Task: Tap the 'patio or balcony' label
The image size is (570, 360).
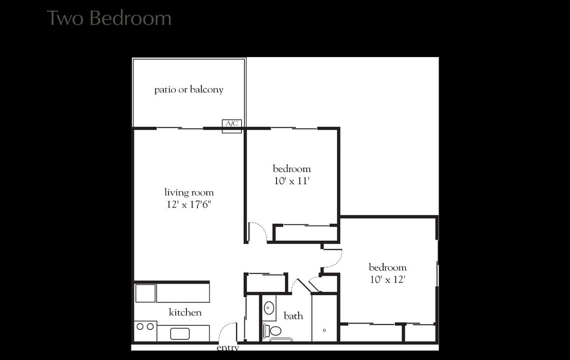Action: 189,90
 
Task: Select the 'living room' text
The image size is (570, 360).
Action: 189,192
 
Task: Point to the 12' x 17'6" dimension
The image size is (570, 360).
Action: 189,204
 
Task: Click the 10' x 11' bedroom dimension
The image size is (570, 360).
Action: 291,181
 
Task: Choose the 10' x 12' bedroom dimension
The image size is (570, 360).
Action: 387,279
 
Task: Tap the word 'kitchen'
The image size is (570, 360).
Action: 185,312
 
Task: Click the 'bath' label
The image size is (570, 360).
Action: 293,316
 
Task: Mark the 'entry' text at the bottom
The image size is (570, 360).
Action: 228,348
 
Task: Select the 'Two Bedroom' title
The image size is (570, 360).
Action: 109,18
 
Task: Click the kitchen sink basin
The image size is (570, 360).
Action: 180,334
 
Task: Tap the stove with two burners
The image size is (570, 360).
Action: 145,327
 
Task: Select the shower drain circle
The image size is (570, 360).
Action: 324,330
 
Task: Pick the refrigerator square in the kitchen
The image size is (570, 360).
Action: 145,293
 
